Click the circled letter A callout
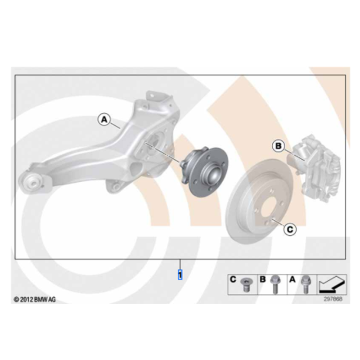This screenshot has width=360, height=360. pos(104,120)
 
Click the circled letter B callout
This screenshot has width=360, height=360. pos(279,146)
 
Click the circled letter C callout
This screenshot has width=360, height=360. pos(290,229)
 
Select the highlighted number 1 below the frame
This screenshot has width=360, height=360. pos(180,274)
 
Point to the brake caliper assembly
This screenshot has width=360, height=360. pos(315,169)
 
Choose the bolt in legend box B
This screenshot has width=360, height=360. pos(275,285)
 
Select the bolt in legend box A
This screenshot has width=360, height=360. pos(305,285)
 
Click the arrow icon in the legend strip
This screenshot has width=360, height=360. pos(332,285)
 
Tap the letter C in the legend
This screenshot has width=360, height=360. pos(233,279)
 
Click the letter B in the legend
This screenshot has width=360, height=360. pos(263,279)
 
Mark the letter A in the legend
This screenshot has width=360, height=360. pos(292,279)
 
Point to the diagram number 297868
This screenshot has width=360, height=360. pos(333,299)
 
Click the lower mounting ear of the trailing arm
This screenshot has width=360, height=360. pos(115,185)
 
